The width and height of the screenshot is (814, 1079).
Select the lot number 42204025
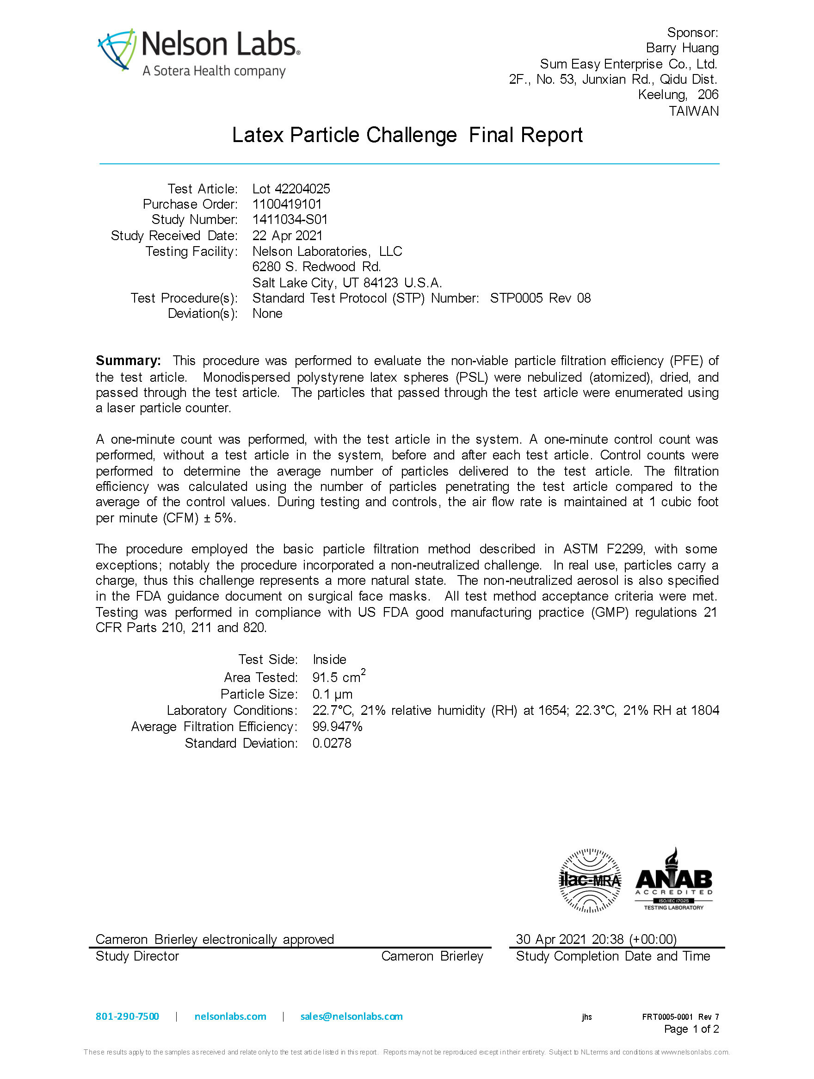[302, 189]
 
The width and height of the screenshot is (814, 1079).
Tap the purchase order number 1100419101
[287, 205]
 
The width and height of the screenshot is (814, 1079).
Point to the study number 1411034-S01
[290, 219]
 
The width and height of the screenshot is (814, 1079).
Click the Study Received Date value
[287, 236]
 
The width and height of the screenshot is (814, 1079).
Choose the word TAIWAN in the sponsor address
[693, 111]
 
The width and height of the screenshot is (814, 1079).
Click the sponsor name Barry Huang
[682, 48]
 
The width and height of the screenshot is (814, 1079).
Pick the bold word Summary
[128, 360]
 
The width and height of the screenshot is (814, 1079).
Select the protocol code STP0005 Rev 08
[540, 298]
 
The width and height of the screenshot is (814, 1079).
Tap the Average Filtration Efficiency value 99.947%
[337, 726]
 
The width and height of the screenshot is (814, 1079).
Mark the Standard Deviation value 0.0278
[332, 743]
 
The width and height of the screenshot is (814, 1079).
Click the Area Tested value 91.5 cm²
[339, 677]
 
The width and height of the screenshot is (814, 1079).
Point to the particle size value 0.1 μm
[332, 694]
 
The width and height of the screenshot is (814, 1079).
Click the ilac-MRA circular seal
[589, 880]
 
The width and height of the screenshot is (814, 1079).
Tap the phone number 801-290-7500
[127, 1017]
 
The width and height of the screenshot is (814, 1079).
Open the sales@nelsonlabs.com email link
[351, 1017]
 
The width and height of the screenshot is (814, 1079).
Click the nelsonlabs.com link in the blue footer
[230, 1017]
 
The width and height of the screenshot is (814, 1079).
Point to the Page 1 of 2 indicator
[691, 1029]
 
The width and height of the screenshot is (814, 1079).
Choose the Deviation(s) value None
[267, 314]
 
